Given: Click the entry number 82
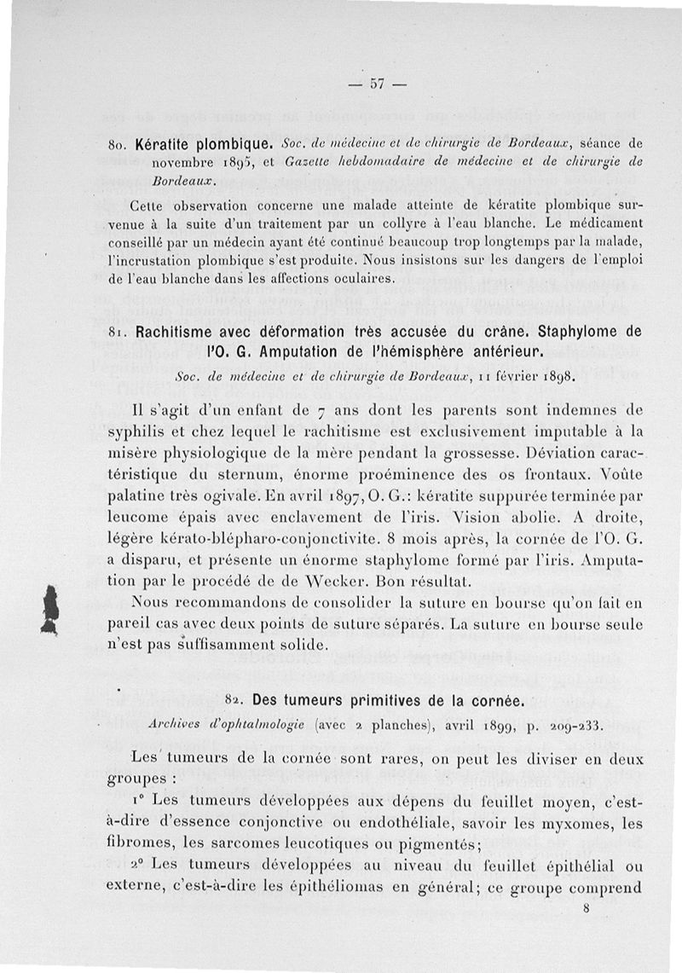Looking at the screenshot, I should (234, 701).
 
